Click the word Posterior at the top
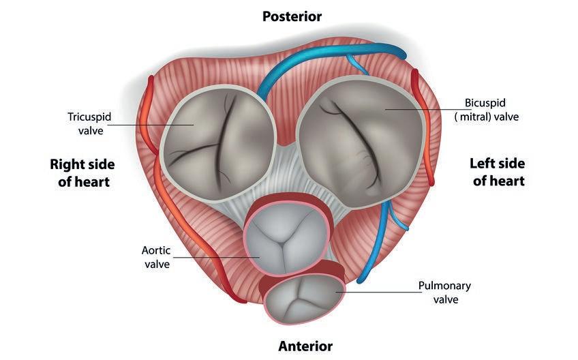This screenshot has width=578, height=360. (292, 16)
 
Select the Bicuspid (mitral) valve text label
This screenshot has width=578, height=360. (485, 110)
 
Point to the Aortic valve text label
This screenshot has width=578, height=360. (156, 257)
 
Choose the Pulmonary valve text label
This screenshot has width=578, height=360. (444, 292)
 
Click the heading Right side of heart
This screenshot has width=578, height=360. (82, 173)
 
